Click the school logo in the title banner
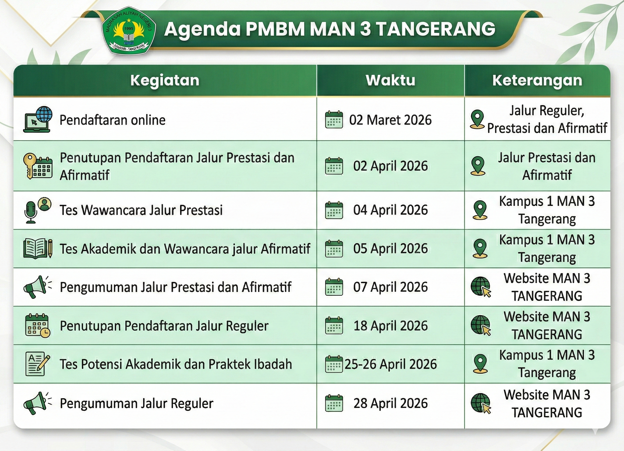[129, 30]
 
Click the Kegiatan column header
[165, 80]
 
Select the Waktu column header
[391, 80]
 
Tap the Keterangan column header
[537, 80]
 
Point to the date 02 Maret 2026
[391, 120]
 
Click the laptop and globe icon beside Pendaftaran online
[38, 119]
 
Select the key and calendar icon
[38, 166]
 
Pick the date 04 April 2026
[391, 210]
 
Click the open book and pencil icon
[38, 249]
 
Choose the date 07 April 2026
[391, 287]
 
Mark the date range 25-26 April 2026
[391, 364]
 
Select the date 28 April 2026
[391, 403]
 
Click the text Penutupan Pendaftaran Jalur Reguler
[164, 326]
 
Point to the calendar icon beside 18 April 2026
[334, 325]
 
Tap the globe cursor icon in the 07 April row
[481, 287]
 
